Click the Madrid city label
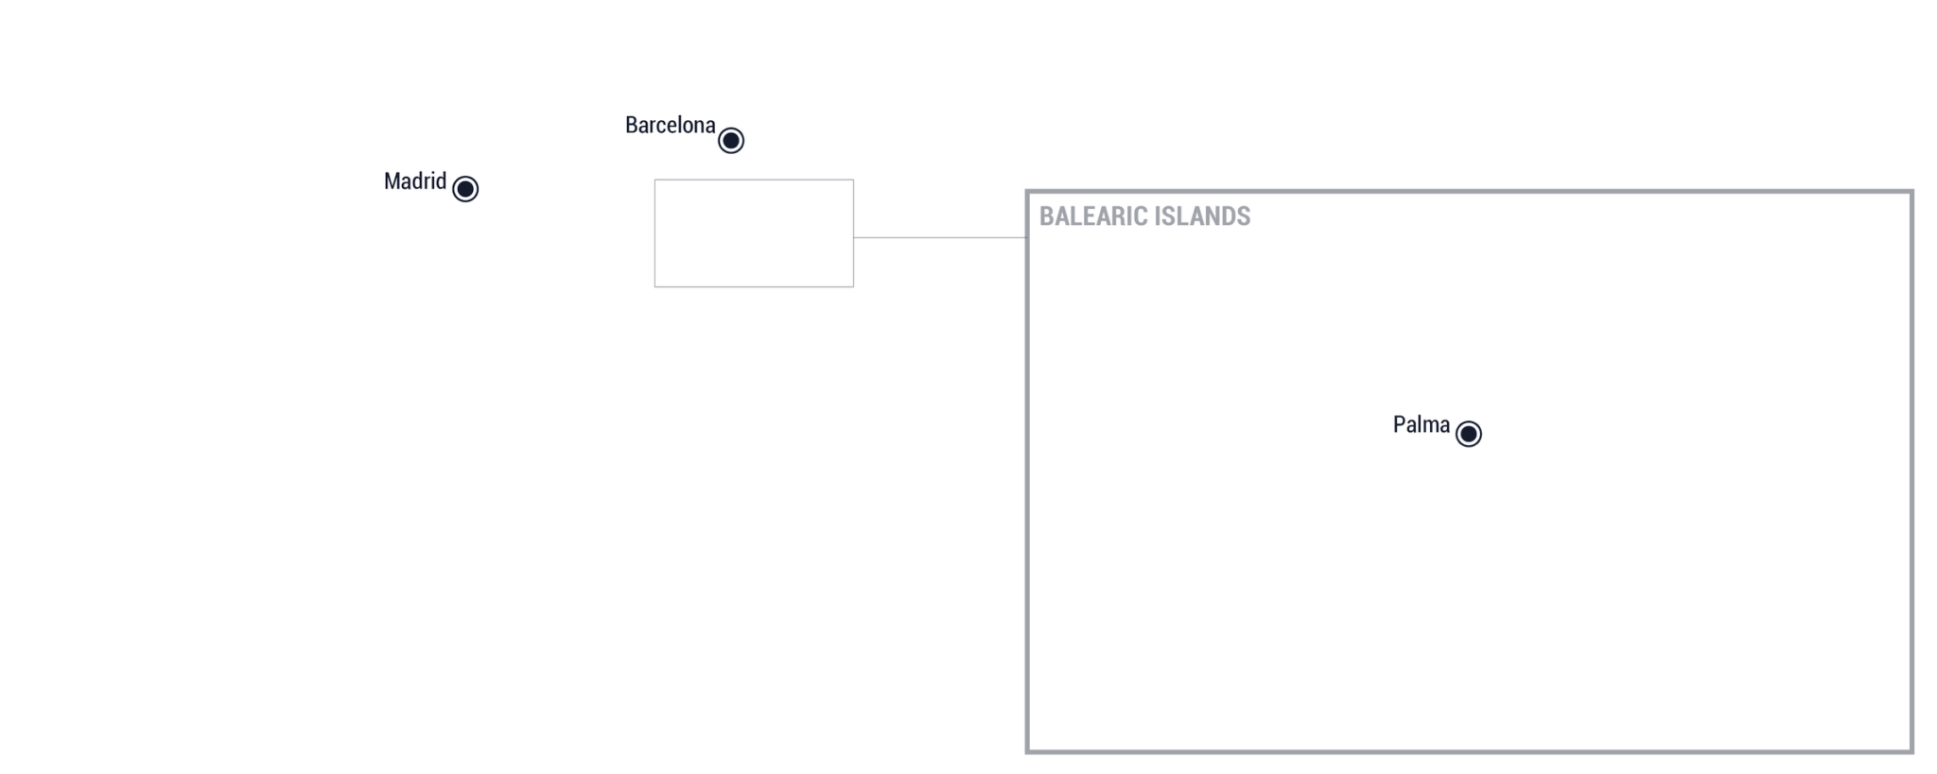click(x=415, y=181)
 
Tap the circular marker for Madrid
click(x=465, y=189)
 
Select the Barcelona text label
click(x=671, y=125)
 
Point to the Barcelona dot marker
click(x=731, y=141)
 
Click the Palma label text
click(x=1422, y=424)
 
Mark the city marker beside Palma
click(x=1469, y=434)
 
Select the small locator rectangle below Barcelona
click(x=754, y=180)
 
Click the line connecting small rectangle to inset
click(x=940, y=237)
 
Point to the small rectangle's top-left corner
click(x=655, y=180)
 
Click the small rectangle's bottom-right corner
click(x=853, y=286)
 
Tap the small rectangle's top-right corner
click(x=853, y=180)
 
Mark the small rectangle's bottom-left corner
click(x=655, y=286)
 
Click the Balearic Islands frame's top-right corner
click(x=1911, y=192)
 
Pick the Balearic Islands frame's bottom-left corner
click(x=1027, y=752)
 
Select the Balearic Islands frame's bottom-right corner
click(x=1911, y=752)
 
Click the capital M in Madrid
click(x=392, y=181)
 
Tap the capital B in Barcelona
click(x=632, y=125)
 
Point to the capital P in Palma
click(x=1400, y=424)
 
